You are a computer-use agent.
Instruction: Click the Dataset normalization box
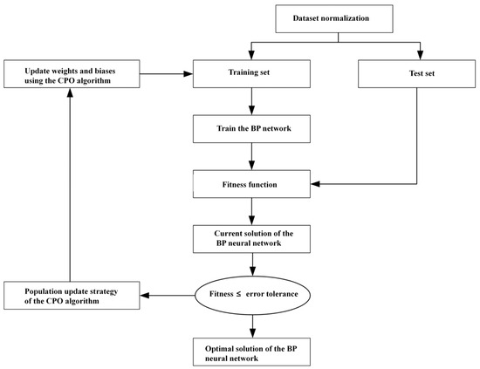click(334, 18)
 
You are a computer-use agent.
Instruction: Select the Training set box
click(251, 74)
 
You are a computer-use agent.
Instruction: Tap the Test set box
click(416, 74)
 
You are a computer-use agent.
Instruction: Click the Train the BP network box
click(251, 129)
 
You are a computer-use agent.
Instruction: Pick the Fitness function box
click(251, 184)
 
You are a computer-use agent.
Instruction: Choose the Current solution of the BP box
click(251, 239)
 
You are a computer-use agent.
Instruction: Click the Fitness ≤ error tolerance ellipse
click(252, 295)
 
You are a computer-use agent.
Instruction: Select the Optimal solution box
click(251, 352)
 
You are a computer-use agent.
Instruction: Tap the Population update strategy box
click(72, 295)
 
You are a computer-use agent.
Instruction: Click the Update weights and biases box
click(72, 74)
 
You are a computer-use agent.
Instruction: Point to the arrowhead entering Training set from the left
click(188, 74)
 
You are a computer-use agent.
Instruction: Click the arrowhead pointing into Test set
click(421, 55)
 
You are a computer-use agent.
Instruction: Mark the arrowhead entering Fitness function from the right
click(315, 184)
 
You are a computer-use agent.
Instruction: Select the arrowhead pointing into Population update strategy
click(145, 295)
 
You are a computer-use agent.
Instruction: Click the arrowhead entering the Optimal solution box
click(252, 333)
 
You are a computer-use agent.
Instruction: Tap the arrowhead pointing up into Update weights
click(70, 92)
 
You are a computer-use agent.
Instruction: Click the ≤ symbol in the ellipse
click(238, 294)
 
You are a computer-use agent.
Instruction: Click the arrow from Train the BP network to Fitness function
click(251, 156)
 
